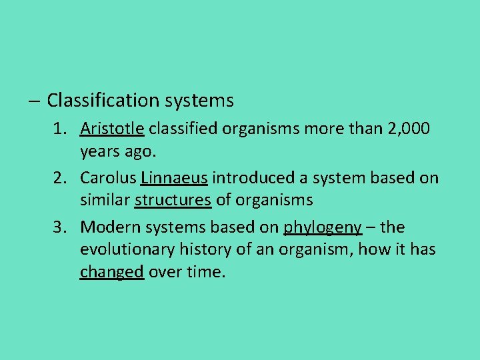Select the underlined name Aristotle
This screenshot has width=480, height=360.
[x=113, y=128]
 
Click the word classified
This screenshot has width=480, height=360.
[x=181, y=128]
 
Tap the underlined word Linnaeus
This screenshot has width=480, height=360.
[x=174, y=178]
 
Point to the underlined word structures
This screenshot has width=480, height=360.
[x=173, y=199]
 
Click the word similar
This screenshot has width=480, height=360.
[x=105, y=199]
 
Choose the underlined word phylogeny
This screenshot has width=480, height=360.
[x=323, y=228]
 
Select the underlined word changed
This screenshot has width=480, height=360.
[x=111, y=271]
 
